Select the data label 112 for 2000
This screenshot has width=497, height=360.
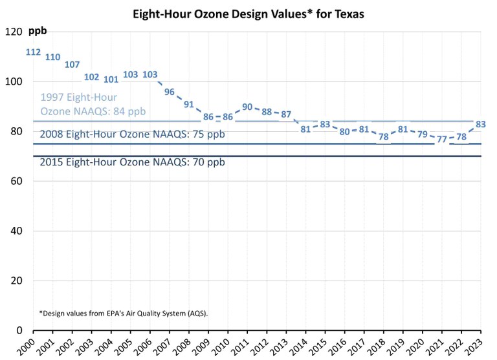(34, 52)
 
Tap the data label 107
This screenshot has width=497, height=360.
(72, 65)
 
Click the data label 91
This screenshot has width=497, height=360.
(189, 104)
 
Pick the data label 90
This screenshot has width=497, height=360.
(247, 107)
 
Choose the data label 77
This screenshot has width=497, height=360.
(442, 139)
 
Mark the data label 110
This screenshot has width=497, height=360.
(53, 57)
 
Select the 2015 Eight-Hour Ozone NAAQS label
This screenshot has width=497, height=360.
(132, 162)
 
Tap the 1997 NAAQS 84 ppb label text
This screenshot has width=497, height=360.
(93, 104)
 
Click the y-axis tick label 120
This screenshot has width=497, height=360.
(14, 32)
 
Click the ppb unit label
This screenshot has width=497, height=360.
(38, 30)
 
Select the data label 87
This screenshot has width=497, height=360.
(286, 114)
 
